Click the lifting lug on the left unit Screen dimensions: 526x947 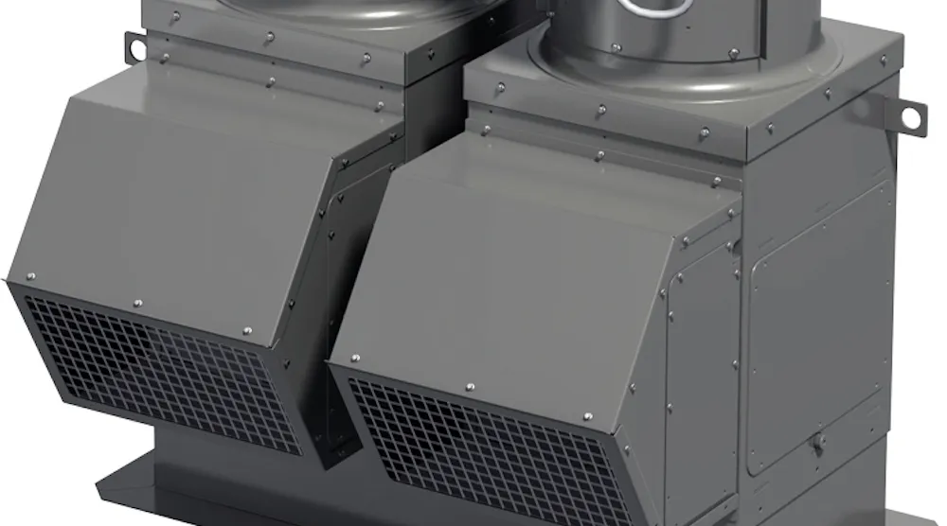tap(135, 44)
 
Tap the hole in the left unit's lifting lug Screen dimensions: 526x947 tap(134, 44)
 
